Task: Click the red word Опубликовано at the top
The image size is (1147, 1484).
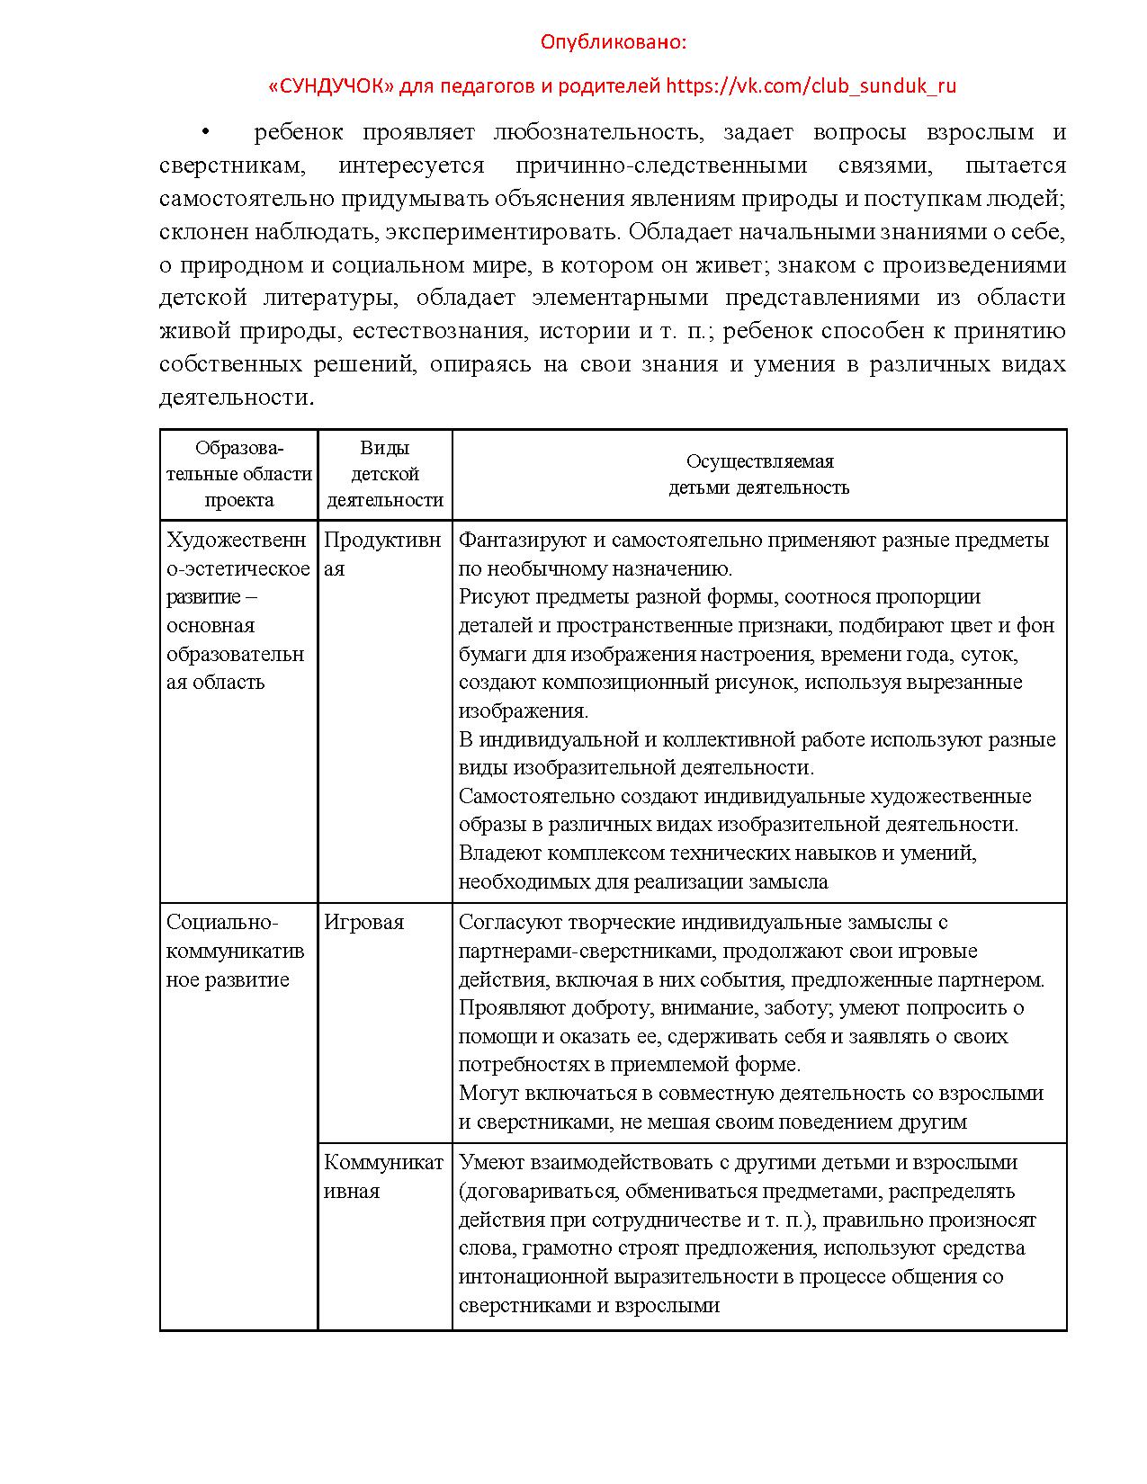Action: (614, 42)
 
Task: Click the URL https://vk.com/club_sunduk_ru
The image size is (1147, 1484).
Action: (811, 86)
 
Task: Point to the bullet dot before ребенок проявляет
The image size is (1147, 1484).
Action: (205, 133)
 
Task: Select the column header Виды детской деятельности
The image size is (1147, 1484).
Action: (385, 474)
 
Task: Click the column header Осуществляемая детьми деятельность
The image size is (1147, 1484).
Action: (759, 474)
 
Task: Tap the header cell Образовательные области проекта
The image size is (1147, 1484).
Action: (238, 474)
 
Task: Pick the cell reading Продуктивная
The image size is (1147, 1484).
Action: (382, 553)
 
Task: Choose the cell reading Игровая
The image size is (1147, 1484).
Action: (364, 922)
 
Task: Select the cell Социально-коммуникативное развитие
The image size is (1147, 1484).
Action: (235, 951)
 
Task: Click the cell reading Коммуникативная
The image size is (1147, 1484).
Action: (383, 1176)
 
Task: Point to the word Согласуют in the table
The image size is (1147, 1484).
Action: (503, 922)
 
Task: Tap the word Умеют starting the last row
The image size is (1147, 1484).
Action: (486, 1162)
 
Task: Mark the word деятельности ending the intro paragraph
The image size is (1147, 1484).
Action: (236, 398)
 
